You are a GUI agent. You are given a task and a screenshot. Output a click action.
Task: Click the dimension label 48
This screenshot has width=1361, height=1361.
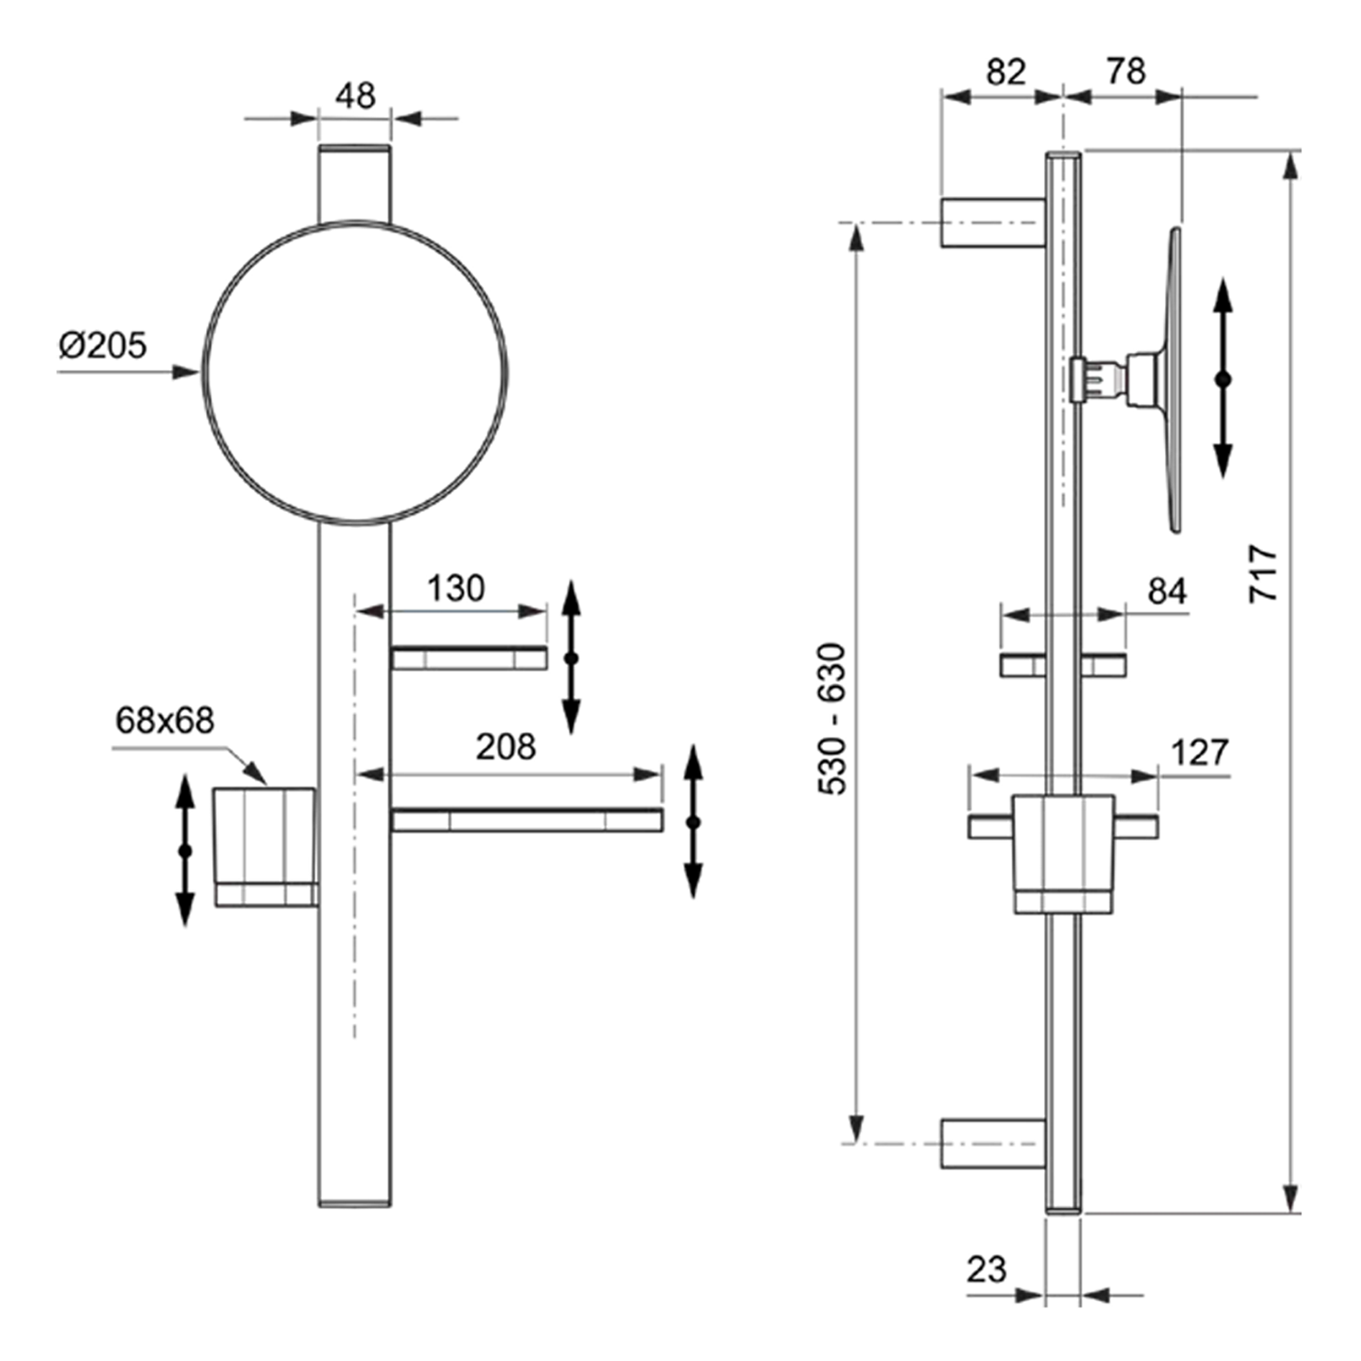355,96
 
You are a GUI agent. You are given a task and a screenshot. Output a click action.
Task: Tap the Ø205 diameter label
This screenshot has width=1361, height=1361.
103,346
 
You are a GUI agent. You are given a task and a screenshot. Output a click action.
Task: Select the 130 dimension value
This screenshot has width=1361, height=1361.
455,589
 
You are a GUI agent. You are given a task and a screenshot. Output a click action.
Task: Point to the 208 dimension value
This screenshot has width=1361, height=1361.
505,747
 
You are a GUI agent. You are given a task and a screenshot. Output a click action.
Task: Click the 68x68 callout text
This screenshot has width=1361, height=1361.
164,720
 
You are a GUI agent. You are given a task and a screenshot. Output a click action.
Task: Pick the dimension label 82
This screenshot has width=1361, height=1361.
1005,72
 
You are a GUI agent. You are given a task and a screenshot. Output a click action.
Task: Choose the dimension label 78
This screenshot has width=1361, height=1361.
1126,72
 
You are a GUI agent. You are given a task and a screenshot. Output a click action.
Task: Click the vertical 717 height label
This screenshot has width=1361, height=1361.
1264,573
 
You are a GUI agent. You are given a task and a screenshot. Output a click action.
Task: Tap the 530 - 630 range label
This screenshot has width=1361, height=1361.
832,719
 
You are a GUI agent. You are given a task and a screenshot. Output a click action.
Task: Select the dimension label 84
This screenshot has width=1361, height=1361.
1167,592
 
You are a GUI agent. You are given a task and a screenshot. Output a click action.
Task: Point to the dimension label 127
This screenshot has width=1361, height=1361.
1199,752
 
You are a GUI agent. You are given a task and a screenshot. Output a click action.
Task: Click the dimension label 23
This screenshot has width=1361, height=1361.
986,1269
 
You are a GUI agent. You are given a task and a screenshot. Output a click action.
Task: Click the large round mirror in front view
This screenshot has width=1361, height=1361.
355,373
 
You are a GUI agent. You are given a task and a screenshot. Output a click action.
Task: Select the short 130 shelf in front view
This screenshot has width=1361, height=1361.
469,658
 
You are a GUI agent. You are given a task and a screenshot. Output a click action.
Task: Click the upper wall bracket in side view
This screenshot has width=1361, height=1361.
993,222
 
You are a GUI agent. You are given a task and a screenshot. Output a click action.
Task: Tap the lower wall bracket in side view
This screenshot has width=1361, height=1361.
993,1143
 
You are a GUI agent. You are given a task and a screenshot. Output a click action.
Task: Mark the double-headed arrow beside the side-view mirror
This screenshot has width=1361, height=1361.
1223,377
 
